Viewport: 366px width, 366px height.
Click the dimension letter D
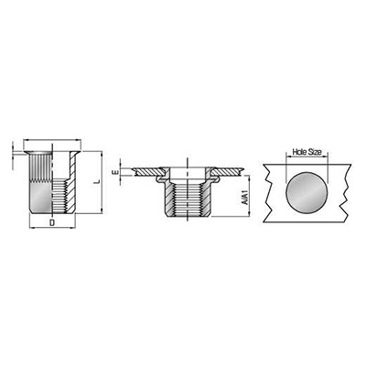[x=52, y=222]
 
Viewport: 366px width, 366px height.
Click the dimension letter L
[x=97, y=182]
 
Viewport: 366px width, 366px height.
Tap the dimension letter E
[x=116, y=173]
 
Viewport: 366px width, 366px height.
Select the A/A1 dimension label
[x=244, y=198]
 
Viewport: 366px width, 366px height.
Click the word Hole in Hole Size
[x=299, y=152]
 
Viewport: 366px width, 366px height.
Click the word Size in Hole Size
[x=314, y=152]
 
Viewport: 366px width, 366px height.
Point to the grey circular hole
[x=307, y=192]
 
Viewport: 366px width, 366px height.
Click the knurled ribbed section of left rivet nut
[x=41, y=167]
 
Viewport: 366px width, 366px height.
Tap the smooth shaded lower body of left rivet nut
[x=41, y=197]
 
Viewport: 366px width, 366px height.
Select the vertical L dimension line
[x=102, y=182]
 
